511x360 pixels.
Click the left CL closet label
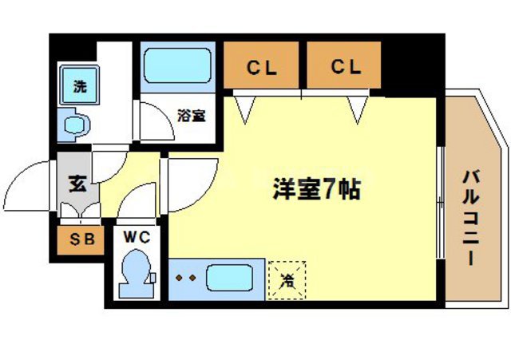(x=261, y=68)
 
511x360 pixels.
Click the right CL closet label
(x=347, y=68)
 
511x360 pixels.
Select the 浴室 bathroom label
(x=191, y=115)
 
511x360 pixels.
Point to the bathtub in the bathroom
(x=177, y=65)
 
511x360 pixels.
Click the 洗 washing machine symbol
(x=80, y=87)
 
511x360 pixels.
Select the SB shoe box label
(x=80, y=238)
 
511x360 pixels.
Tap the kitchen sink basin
(x=229, y=279)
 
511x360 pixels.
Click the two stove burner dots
(x=186, y=279)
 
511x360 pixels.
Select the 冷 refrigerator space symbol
(x=286, y=279)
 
